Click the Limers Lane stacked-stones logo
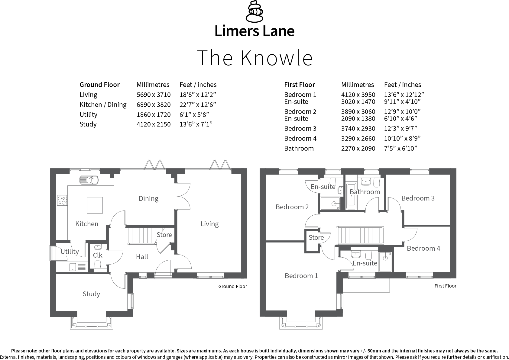coord(254,12)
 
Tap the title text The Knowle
coord(254,58)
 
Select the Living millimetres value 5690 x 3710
coord(154,95)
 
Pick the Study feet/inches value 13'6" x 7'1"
coord(196,124)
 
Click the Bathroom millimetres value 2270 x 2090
coord(358,149)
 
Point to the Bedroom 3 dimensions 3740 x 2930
coord(358,129)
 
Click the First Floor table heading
coord(300,85)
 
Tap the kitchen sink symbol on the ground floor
coord(89,180)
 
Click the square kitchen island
coord(95,205)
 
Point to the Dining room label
coord(148,199)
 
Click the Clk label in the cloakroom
coord(98,256)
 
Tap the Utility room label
coord(70,252)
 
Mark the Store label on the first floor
coord(316,238)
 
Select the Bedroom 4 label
coord(423,249)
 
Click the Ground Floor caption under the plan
coord(232,287)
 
